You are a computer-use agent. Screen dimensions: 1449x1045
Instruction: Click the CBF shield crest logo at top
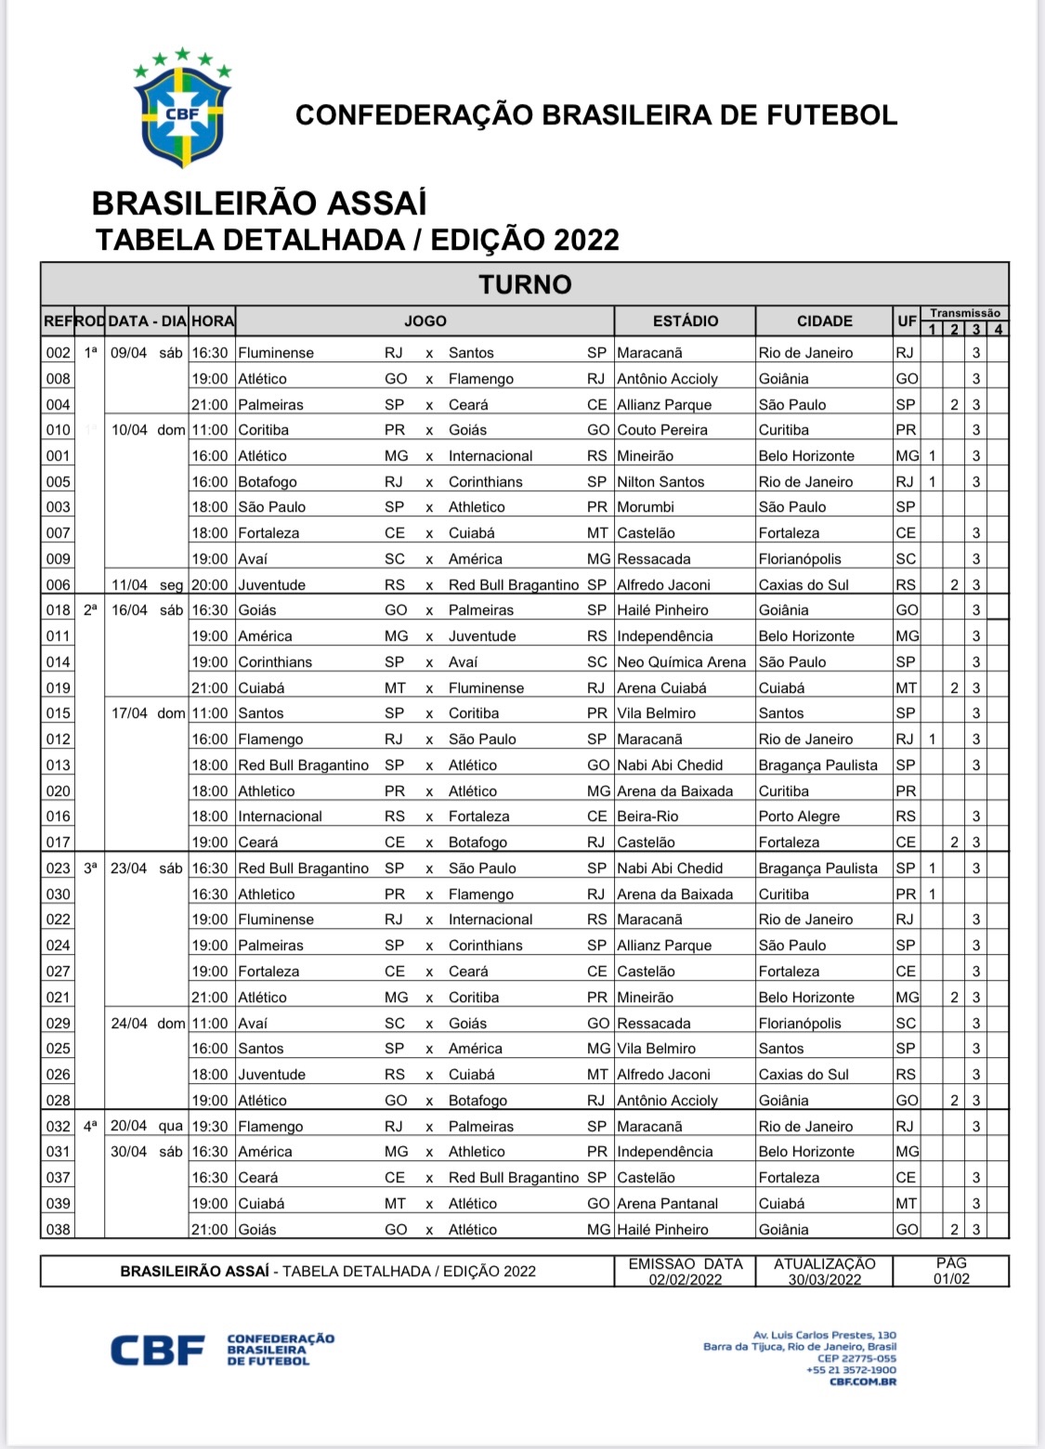182,110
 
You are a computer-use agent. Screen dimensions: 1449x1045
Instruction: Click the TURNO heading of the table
525,284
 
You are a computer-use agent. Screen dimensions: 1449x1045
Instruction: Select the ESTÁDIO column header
685,321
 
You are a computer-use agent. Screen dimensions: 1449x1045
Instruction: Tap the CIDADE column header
824,321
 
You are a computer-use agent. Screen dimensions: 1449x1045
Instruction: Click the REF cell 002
58,353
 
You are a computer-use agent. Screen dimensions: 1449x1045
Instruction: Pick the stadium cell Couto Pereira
662,430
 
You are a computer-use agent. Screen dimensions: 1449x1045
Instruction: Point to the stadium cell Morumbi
646,507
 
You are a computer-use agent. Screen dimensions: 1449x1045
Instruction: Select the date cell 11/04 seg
147,585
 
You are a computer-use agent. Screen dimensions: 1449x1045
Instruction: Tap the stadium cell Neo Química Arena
681,662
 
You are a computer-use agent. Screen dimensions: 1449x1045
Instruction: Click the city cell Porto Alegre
799,816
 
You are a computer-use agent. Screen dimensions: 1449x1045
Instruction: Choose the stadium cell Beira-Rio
647,816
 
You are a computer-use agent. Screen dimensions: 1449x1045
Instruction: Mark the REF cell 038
58,1230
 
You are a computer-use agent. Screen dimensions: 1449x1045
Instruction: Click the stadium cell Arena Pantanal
668,1204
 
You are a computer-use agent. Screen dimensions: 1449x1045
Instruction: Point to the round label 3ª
90,868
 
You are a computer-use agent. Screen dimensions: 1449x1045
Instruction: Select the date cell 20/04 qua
147,1127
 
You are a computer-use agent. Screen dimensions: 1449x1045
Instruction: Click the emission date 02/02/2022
686,1279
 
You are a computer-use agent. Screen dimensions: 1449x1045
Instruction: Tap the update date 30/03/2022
825,1279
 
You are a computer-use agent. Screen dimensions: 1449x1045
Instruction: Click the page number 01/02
951,1279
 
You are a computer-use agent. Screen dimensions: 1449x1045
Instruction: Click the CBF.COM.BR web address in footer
863,1382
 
